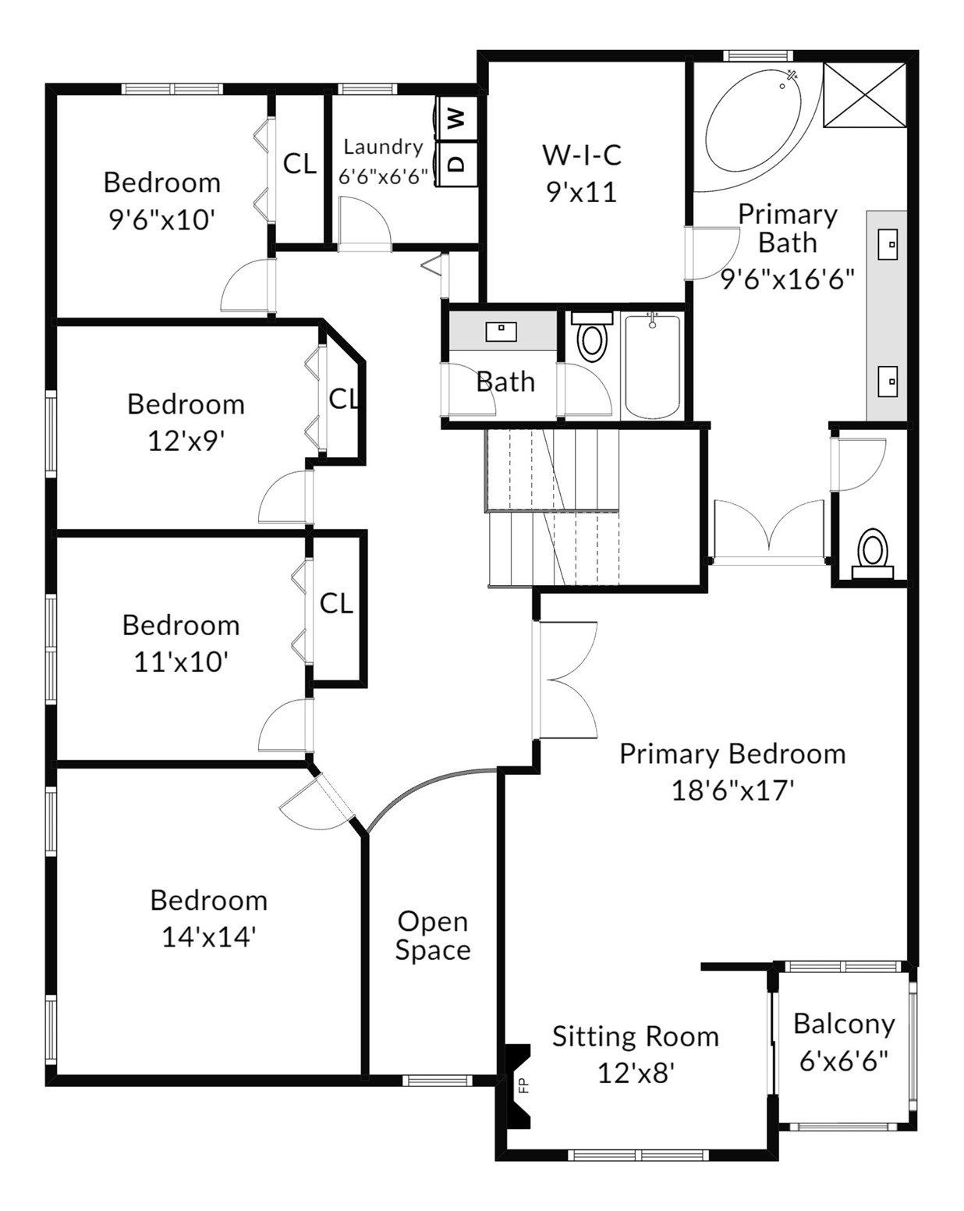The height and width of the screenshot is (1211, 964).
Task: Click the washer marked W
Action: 457,118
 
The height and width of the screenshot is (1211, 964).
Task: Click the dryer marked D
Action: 457,163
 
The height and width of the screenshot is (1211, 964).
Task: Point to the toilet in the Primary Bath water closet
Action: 872,554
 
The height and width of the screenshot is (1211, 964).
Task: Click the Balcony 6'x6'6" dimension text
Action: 843,1061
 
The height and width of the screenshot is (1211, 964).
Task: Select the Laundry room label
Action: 383,147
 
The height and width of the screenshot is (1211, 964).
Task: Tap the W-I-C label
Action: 582,155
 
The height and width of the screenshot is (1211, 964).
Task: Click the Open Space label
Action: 433,936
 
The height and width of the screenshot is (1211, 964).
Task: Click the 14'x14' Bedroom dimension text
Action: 209,937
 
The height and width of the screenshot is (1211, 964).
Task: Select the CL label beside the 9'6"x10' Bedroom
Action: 299,164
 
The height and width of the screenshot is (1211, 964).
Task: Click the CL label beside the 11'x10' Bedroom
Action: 336,604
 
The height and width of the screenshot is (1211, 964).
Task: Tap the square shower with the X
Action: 864,95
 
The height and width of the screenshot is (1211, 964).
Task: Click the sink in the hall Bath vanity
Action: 501,332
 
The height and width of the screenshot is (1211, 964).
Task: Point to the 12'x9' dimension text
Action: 186,441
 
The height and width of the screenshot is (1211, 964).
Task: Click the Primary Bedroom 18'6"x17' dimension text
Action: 732,790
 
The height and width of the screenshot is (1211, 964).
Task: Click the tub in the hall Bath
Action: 652,367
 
